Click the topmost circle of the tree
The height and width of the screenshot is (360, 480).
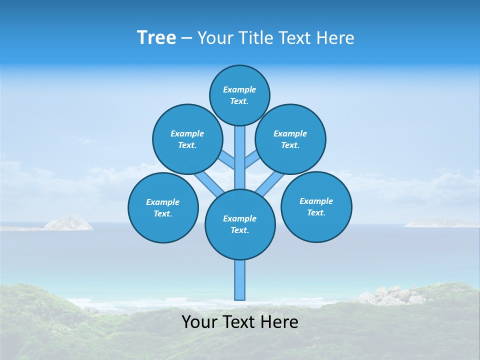point(239,95)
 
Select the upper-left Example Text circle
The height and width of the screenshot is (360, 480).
point(187,139)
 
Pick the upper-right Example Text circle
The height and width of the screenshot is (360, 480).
point(290,139)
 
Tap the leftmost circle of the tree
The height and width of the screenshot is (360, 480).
point(163,207)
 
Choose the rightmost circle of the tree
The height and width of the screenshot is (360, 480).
point(316,206)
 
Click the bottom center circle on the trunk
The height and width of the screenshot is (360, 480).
point(240,224)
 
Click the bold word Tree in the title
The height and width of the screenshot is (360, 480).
point(156,37)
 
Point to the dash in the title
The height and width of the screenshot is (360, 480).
point(186,38)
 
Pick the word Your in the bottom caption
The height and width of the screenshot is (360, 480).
point(199,322)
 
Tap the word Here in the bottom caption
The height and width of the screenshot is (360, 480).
point(279,322)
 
